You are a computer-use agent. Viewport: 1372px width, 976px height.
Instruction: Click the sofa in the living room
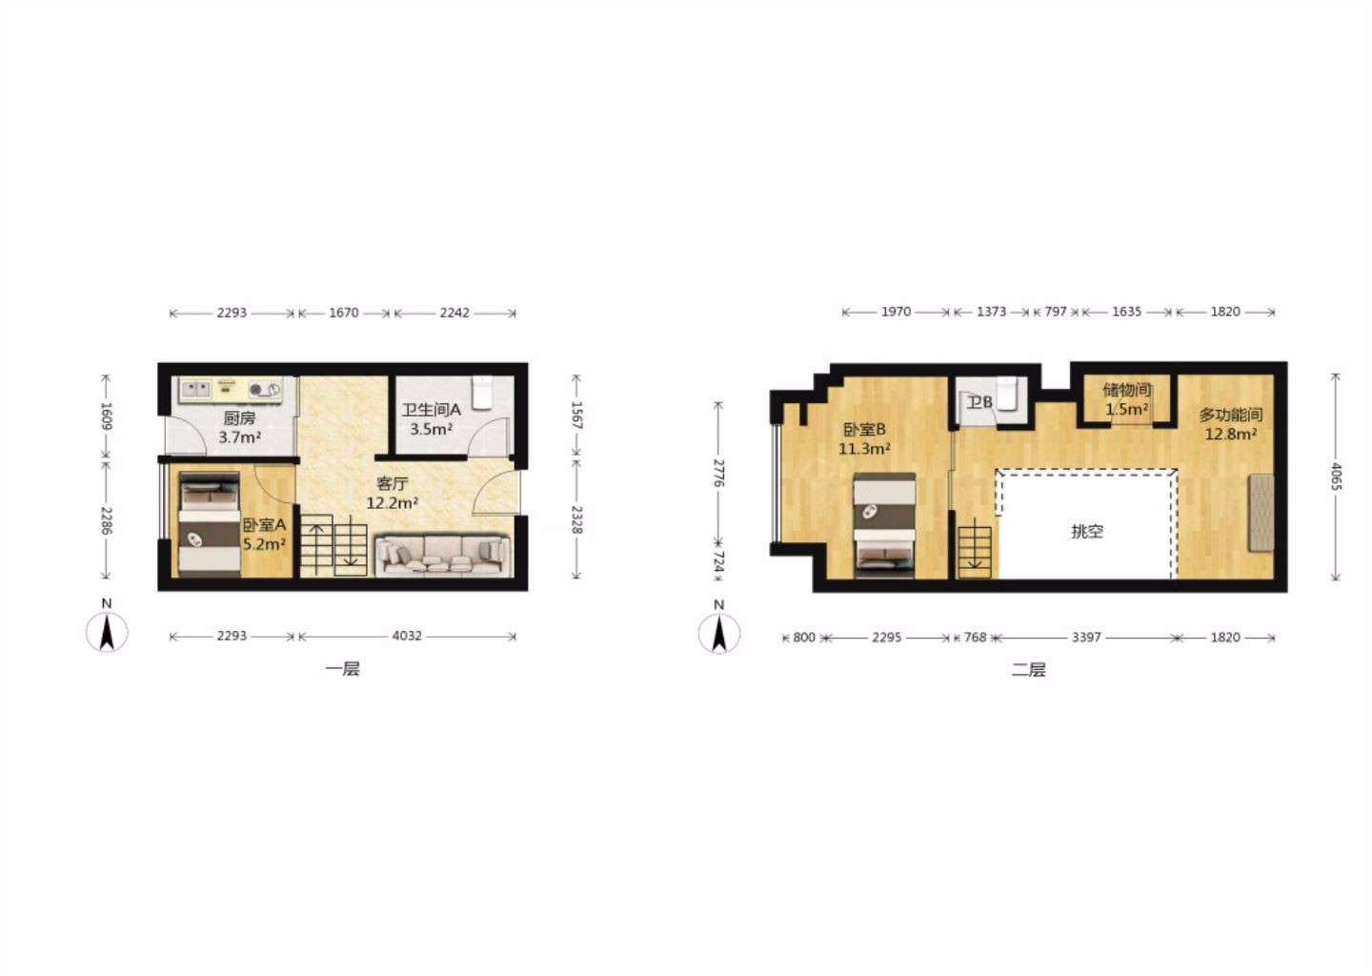click(x=443, y=556)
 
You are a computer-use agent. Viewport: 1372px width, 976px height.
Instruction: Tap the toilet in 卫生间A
click(x=482, y=392)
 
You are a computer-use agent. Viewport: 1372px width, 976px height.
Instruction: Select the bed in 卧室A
click(x=209, y=524)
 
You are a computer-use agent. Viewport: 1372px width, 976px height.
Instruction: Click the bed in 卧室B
click(x=884, y=525)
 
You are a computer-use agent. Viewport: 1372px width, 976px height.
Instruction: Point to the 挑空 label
click(x=1087, y=531)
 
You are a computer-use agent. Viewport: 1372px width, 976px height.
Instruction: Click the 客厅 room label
click(x=392, y=483)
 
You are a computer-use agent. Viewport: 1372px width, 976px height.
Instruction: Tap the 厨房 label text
click(x=239, y=418)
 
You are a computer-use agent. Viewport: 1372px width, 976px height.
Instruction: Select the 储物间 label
click(x=1127, y=390)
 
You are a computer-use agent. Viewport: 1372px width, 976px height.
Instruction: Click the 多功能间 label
click(x=1231, y=415)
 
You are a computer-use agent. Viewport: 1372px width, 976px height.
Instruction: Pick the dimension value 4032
click(x=407, y=636)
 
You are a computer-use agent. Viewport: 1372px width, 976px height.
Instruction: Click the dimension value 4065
click(x=1336, y=477)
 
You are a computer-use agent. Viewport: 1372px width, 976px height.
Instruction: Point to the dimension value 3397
click(x=1086, y=638)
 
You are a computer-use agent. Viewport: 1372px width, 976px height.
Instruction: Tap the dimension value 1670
click(x=344, y=313)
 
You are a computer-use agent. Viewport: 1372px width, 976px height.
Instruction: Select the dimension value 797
click(x=1056, y=312)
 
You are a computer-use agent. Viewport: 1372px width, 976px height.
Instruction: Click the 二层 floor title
click(x=1028, y=670)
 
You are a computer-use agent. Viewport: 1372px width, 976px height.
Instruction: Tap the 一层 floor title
click(x=342, y=668)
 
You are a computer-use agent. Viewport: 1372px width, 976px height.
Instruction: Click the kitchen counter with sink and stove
click(x=231, y=390)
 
